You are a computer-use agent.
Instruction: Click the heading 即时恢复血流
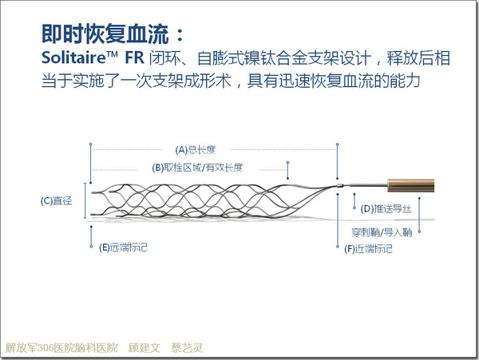coord(105,34)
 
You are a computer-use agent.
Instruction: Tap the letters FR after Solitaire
coord(134,57)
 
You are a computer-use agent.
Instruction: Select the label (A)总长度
coord(196,149)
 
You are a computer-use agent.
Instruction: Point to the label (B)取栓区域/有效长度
coord(197,168)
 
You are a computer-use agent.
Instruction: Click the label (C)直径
coord(56,200)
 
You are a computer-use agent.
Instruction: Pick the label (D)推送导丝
coord(386,209)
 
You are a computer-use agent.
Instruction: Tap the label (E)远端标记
coord(123,247)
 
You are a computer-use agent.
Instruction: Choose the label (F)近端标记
coord(368,249)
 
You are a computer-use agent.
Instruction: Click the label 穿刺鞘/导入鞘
coord(382,232)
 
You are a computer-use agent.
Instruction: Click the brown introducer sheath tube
coord(411,185)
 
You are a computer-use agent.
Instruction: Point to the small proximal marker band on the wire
coord(340,185)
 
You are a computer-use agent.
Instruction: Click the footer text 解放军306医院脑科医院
coord(61,347)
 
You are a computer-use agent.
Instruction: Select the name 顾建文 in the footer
coord(144,347)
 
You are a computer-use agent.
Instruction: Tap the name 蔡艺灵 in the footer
coord(187,347)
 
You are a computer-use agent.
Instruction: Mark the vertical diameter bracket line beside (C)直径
coord(85,200)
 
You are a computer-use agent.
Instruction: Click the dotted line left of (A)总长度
coord(127,149)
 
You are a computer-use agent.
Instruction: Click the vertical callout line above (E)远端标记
coord(91,236)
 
